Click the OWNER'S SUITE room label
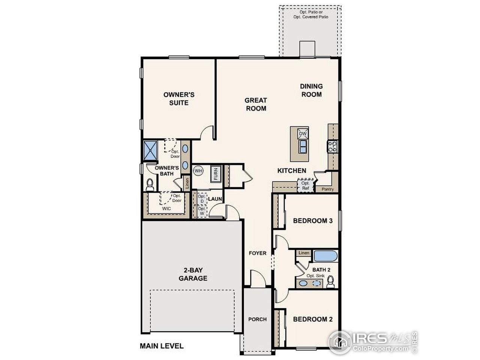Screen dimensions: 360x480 coord(178,99)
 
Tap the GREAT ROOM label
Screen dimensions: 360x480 coord(256,104)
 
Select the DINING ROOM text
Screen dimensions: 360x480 coord(311,90)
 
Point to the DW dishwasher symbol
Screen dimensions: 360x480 coord(303,133)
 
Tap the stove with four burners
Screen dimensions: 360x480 coord(332,146)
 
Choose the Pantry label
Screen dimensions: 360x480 coord(327,189)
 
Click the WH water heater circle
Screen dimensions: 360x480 coord(198,171)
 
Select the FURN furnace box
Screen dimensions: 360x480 coord(216,174)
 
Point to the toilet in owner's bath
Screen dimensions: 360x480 coord(150,184)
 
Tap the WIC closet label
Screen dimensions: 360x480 coord(166,208)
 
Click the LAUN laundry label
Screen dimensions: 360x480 coord(215,199)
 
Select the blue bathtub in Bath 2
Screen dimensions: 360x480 coord(325,256)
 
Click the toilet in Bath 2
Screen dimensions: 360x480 coord(330,281)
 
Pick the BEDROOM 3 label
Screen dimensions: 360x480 coord(313,220)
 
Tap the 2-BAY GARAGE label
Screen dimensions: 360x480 coord(193,274)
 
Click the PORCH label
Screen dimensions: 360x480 coord(257,319)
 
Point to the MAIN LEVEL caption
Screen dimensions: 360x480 coord(162,346)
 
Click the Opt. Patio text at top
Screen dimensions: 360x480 coord(311,15)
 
